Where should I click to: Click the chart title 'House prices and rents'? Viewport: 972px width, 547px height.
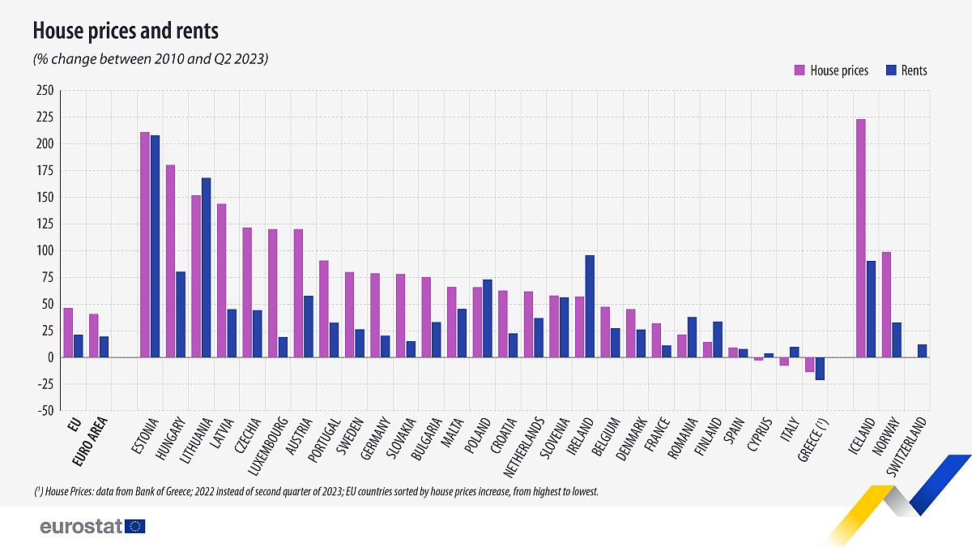(x=125, y=32)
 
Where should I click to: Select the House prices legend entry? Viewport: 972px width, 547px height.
(x=831, y=71)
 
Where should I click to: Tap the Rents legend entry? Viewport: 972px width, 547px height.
(x=906, y=71)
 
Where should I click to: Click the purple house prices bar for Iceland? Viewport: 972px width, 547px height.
(x=861, y=238)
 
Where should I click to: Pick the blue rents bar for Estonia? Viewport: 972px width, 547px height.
(x=155, y=246)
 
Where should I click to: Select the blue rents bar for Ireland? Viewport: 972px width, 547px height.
(x=590, y=306)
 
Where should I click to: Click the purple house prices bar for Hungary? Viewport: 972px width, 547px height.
(x=170, y=261)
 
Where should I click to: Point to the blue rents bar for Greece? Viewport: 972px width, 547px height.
(x=820, y=369)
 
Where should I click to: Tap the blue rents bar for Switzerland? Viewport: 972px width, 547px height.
(x=922, y=351)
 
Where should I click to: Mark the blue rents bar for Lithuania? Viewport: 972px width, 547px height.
(x=206, y=267)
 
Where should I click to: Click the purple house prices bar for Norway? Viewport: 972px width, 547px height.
(x=886, y=305)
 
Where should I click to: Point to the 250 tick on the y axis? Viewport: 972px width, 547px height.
(x=45, y=91)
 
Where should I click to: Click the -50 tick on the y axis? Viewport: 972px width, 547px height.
(x=45, y=411)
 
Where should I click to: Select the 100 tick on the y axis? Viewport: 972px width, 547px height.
(x=45, y=251)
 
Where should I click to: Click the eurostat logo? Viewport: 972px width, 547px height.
(x=92, y=527)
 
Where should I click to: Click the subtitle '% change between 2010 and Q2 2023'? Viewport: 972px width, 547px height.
(x=150, y=59)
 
